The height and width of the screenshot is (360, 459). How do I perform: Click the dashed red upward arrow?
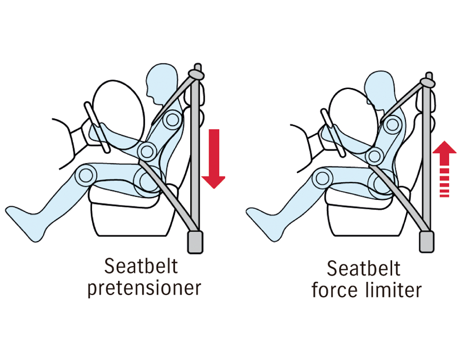444,169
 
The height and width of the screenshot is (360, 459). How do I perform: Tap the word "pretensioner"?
144,288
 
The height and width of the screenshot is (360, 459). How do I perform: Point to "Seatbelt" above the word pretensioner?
141,266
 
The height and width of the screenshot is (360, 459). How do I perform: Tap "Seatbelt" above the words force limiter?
363,268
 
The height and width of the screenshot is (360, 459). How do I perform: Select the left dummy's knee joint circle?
86,175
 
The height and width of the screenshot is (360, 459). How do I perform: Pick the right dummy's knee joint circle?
322,178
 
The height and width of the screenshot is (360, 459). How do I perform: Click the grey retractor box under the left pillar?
195,242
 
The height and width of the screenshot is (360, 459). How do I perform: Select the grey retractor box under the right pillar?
427,241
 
